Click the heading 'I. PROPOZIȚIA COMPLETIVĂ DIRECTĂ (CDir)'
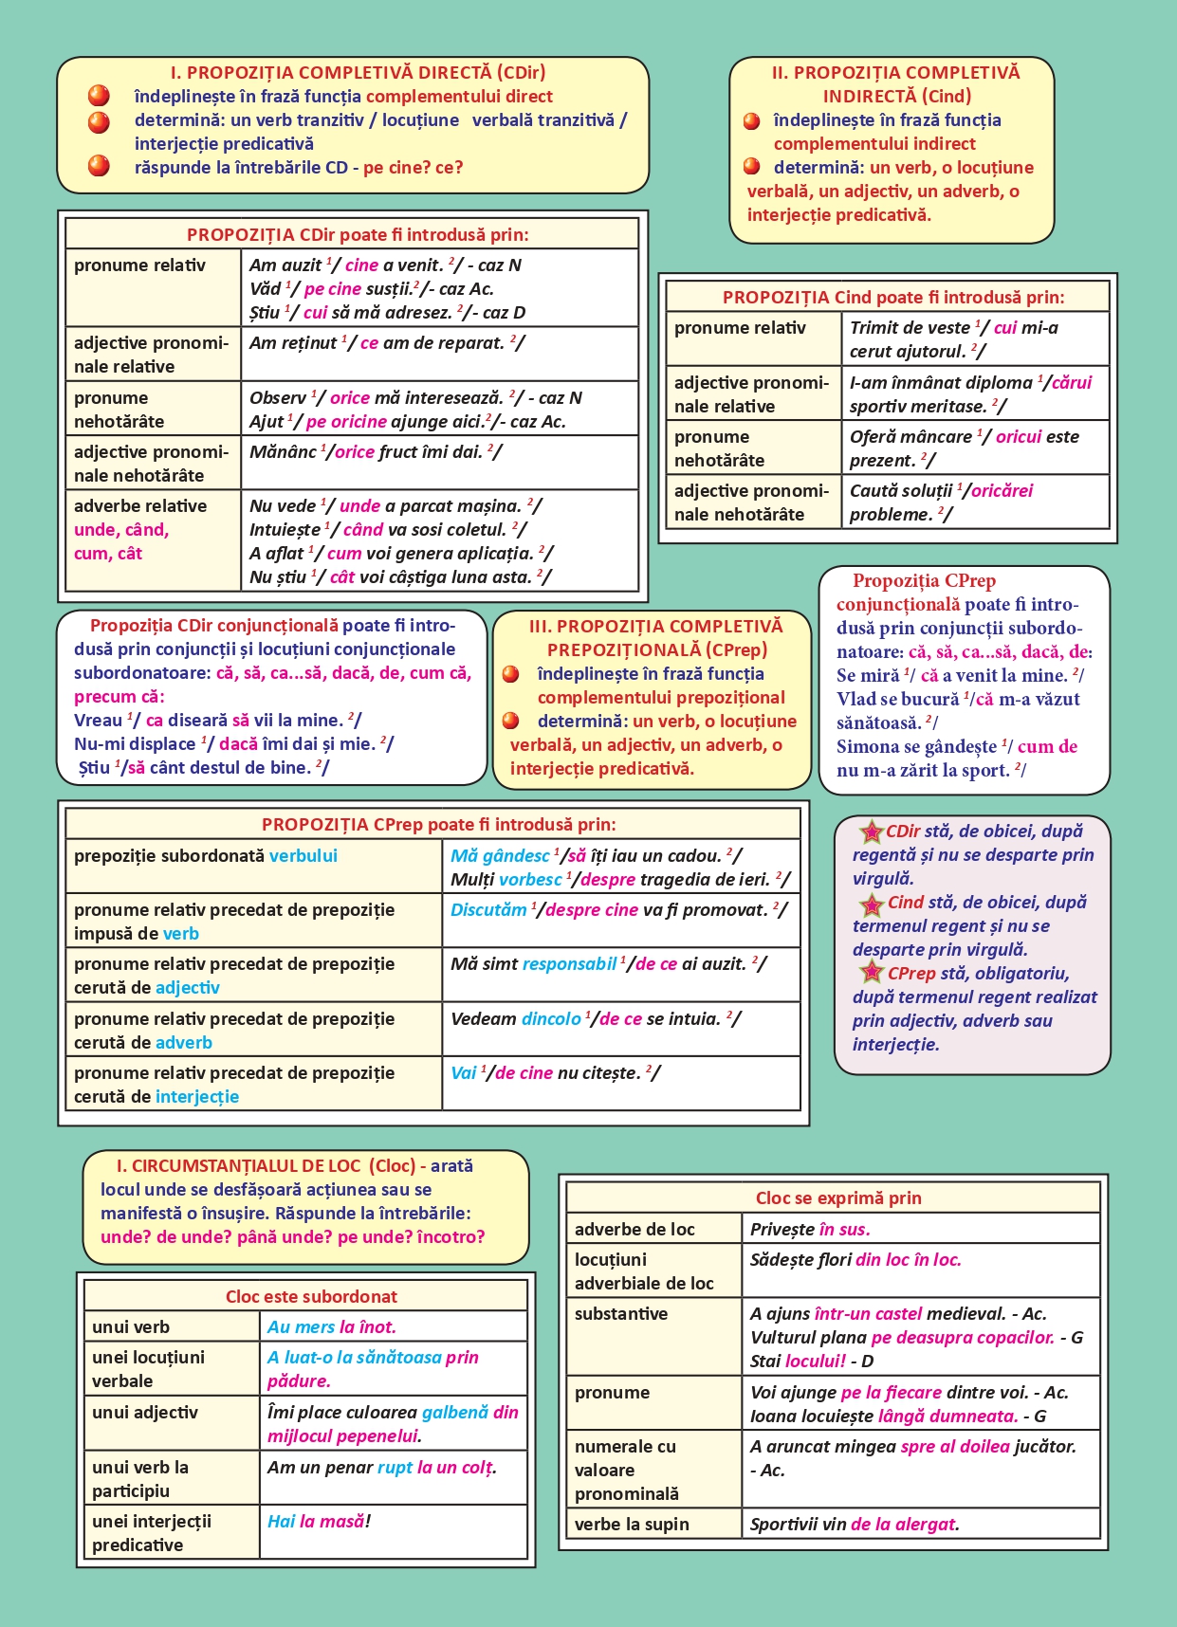click(358, 72)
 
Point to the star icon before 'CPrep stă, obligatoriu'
click(871, 972)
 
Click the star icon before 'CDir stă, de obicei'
click(871, 832)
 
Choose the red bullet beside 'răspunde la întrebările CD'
click(99, 167)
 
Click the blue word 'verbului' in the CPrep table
click(303, 855)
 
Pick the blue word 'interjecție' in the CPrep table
click(197, 1097)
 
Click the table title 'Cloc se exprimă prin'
click(837, 1197)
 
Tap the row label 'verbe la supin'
click(632, 1524)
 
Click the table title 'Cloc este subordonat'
click(311, 1296)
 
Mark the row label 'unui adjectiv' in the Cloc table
click(145, 1412)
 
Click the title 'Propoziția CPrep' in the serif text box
click(923, 580)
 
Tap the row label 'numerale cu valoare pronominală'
click(627, 1470)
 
